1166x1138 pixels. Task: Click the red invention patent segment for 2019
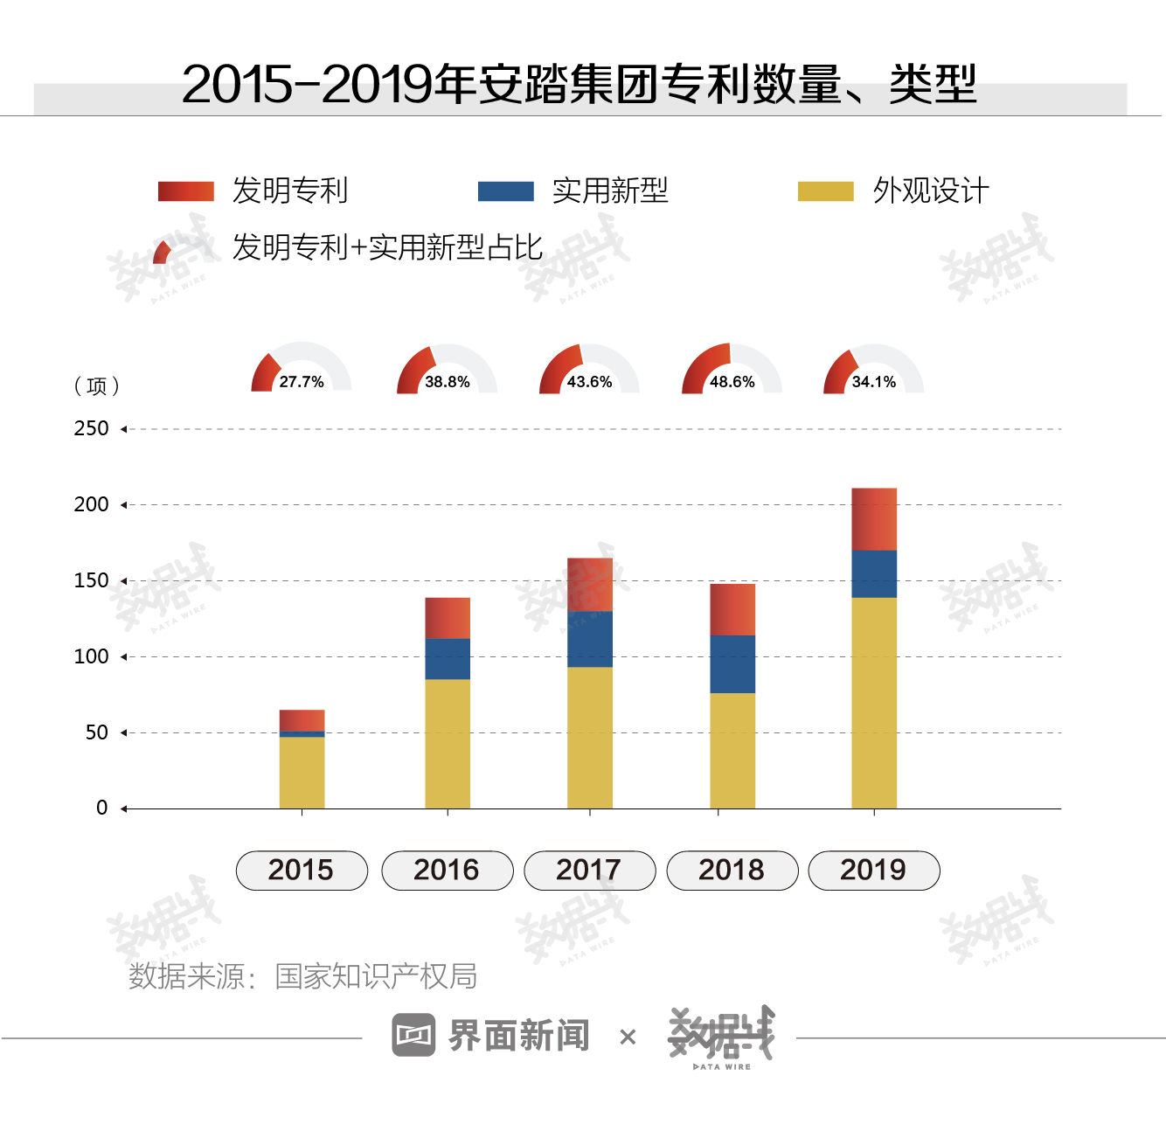pyautogui.click(x=874, y=519)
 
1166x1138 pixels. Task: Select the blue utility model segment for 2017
pyautogui.click(x=590, y=639)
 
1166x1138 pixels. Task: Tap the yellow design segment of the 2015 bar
pyautogui.click(x=302, y=773)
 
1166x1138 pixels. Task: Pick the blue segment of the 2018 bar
pyautogui.click(x=732, y=664)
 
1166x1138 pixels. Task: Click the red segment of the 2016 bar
pyautogui.click(x=448, y=618)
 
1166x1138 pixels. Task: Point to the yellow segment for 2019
pyautogui.click(x=874, y=703)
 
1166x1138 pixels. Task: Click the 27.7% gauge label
pyautogui.click(x=302, y=382)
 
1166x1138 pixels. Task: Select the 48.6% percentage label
pyautogui.click(x=732, y=382)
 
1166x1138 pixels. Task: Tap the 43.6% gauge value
pyautogui.click(x=590, y=382)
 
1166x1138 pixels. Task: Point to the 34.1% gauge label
pyautogui.click(x=874, y=382)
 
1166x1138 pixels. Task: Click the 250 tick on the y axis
pyautogui.click(x=92, y=429)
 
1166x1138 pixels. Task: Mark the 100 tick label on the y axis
pyautogui.click(x=92, y=656)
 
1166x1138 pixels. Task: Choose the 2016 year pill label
pyautogui.click(x=447, y=871)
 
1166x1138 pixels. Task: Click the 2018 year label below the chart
pyautogui.click(x=732, y=871)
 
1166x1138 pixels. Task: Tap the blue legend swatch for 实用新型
pyautogui.click(x=506, y=191)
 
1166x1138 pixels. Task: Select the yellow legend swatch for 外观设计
pyautogui.click(x=825, y=191)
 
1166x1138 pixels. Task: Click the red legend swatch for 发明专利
pyautogui.click(x=185, y=191)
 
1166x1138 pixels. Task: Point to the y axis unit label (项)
pyautogui.click(x=97, y=386)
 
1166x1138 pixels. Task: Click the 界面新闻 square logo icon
pyautogui.click(x=413, y=1036)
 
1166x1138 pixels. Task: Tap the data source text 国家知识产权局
pyautogui.click(x=376, y=976)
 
